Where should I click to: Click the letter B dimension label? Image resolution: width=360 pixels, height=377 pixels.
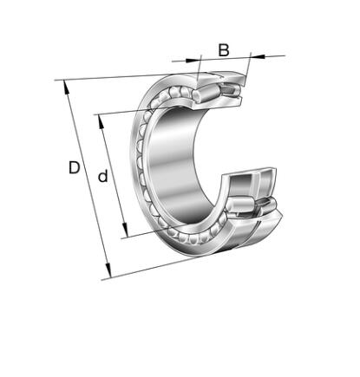(224, 50)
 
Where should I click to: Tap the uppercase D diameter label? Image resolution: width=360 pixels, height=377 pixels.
(74, 167)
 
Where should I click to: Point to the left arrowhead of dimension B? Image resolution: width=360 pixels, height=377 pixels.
(193, 61)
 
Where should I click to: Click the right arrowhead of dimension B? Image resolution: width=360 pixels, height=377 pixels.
(258, 55)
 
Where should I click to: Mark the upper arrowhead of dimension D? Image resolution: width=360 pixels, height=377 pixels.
(66, 88)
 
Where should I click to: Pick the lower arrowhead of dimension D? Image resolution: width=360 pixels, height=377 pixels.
(108, 271)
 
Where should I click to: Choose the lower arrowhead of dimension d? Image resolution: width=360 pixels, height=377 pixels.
(125, 230)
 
